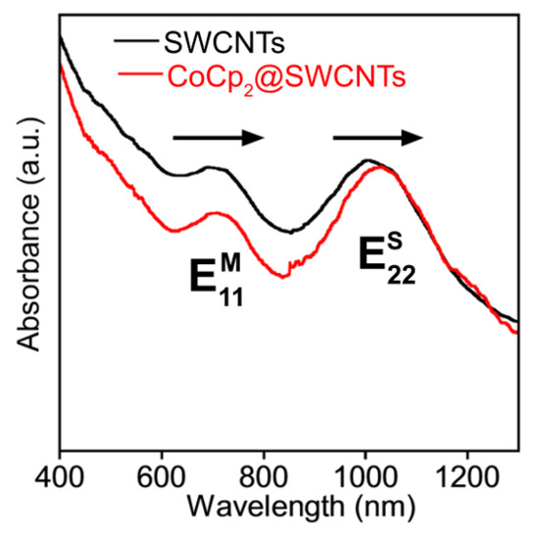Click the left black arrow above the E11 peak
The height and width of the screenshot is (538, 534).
218,138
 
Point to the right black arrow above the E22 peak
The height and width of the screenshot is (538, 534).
378,138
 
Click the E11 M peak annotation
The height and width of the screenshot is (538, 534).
215,280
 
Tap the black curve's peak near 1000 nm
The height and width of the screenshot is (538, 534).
367,160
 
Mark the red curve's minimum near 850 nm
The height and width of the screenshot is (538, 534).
285,277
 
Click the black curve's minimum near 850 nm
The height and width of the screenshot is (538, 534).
289,232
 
